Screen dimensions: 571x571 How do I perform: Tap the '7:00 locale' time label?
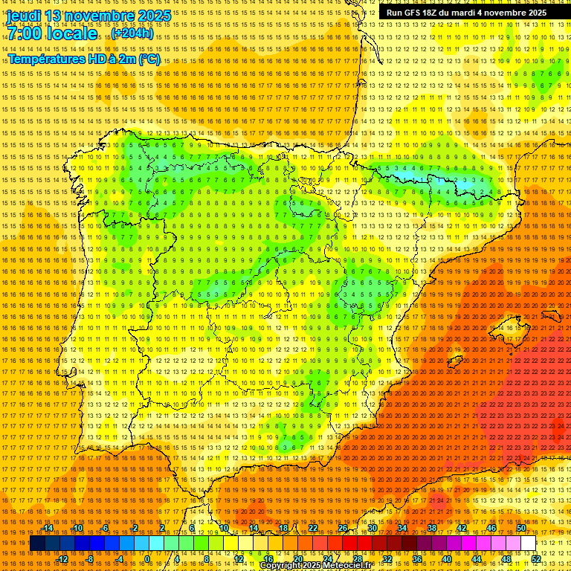pos(52,33)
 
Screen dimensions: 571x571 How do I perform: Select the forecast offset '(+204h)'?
pos(132,33)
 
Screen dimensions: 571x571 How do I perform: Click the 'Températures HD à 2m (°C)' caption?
pos(84,59)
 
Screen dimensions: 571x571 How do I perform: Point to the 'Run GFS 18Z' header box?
pos(466,13)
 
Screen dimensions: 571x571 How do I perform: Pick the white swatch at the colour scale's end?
pos(528,543)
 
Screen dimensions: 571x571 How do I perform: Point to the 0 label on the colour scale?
pos(147,559)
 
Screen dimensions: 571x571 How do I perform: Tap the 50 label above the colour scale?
pos(520,528)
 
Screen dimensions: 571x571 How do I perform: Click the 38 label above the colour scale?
pos(431,528)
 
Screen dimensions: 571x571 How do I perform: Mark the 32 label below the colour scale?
pos(387,559)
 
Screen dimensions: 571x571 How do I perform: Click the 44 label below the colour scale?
pos(476,559)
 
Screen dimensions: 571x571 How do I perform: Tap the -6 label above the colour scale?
pos(105,528)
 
